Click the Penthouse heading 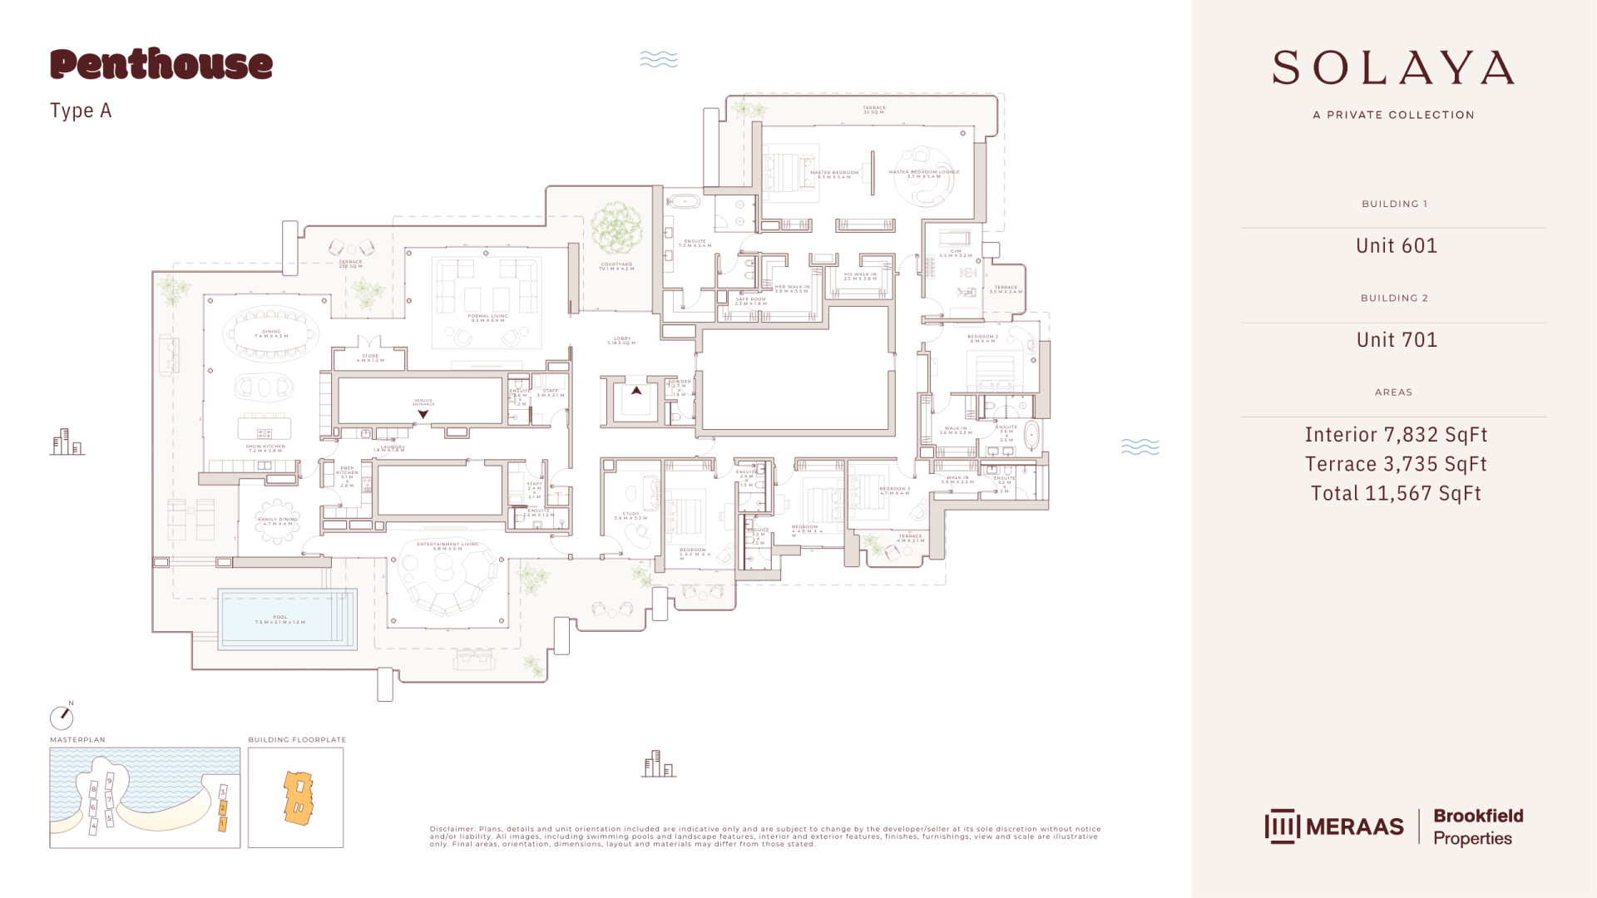[x=161, y=65]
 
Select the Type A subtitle [x=81, y=111]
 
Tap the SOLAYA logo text [x=1393, y=68]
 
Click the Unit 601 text [x=1396, y=246]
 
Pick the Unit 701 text [x=1396, y=340]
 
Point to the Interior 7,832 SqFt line [x=1395, y=435]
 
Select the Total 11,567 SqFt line [x=1395, y=494]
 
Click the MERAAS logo [x=1334, y=826]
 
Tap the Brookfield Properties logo [x=1477, y=826]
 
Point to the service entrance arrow [x=423, y=414]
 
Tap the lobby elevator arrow [x=636, y=390]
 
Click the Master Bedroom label [x=833, y=175]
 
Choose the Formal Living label [x=487, y=318]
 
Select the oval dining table [x=271, y=334]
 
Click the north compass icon [x=62, y=717]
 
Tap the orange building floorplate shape [x=298, y=797]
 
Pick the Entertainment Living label [x=447, y=546]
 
